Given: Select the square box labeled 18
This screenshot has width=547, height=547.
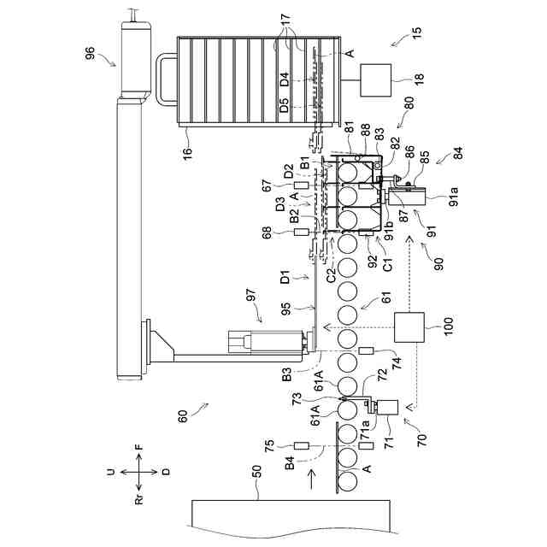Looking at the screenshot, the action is click(x=375, y=79).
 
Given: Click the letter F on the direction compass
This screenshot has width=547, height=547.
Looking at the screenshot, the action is click(x=139, y=446).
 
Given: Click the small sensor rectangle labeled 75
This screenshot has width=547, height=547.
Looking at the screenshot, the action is click(x=299, y=445).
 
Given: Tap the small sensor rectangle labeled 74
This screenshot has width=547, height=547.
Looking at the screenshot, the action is click(x=367, y=352).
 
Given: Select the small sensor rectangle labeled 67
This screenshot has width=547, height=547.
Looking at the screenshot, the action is click(x=299, y=185).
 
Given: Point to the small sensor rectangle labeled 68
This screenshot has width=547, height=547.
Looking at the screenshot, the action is click(x=299, y=232).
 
